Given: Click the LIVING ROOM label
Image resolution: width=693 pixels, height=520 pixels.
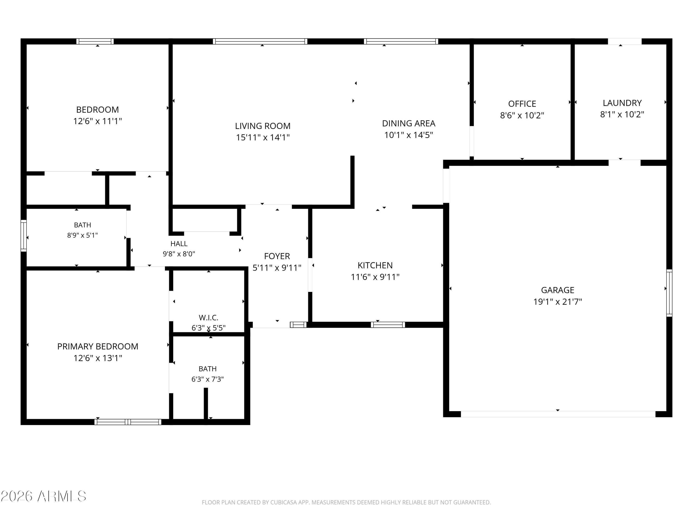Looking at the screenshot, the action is click(263, 126).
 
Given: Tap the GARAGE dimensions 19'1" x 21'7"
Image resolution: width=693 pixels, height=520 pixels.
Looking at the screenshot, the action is click(558, 302).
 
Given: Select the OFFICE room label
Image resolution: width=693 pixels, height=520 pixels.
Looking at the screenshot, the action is click(522, 104).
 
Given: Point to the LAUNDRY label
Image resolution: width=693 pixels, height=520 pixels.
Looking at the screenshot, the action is click(622, 103).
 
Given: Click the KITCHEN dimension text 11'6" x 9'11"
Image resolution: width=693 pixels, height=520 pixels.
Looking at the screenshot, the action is click(375, 277).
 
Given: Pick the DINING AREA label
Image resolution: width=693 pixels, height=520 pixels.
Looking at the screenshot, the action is click(409, 123).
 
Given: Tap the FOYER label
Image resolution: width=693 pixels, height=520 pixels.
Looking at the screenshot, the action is click(277, 256).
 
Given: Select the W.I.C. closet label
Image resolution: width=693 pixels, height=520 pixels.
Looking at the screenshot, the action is click(208, 318).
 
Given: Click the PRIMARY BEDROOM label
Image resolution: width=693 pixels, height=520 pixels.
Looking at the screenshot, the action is click(98, 346).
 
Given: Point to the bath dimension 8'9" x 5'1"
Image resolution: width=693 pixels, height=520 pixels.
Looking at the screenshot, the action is click(82, 235).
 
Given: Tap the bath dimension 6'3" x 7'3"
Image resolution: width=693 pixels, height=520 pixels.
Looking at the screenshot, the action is click(207, 379).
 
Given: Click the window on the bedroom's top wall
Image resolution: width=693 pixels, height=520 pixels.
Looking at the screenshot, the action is click(95, 41).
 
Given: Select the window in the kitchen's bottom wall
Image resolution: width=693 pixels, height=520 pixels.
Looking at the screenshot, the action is click(388, 325).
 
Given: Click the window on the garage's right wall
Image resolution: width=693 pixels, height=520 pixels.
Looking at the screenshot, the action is click(669, 293).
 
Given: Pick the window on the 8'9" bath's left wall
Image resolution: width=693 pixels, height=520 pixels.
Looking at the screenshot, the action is click(24, 236).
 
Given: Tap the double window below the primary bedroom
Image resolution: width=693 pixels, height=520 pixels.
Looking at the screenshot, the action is click(128, 422).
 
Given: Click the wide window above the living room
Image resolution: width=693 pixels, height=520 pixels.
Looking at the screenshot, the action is click(260, 41).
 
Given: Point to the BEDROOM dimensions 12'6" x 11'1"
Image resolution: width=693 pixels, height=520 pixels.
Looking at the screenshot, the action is click(97, 121).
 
